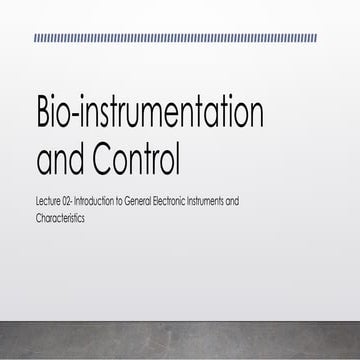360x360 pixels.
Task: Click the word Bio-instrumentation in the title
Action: click(150, 115)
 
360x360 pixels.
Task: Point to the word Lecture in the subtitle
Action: click(47, 201)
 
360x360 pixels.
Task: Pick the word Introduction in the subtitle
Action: click(94, 201)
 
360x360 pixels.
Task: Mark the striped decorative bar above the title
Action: click(175, 38)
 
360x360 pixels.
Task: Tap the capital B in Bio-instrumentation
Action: click(45, 115)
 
